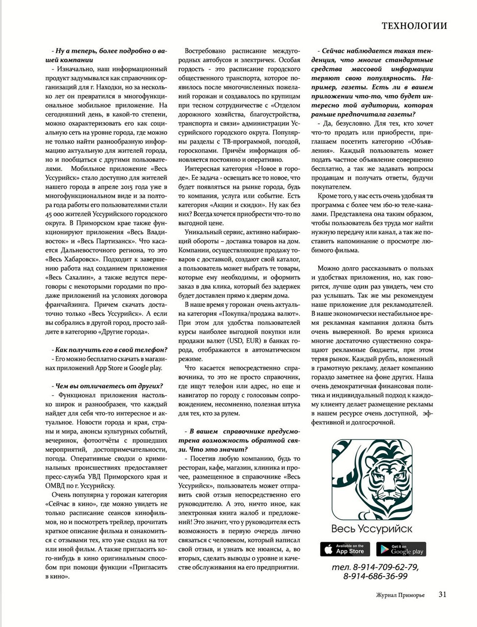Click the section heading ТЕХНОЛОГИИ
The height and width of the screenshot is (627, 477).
point(414,25)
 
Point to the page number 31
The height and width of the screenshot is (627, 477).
point(442,594)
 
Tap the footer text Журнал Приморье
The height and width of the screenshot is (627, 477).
point(400,595)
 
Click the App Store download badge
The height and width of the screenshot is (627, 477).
point(346,549)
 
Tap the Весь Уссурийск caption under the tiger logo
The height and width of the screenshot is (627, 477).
point(372,529)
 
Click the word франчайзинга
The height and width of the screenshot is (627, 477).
point(68,304)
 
